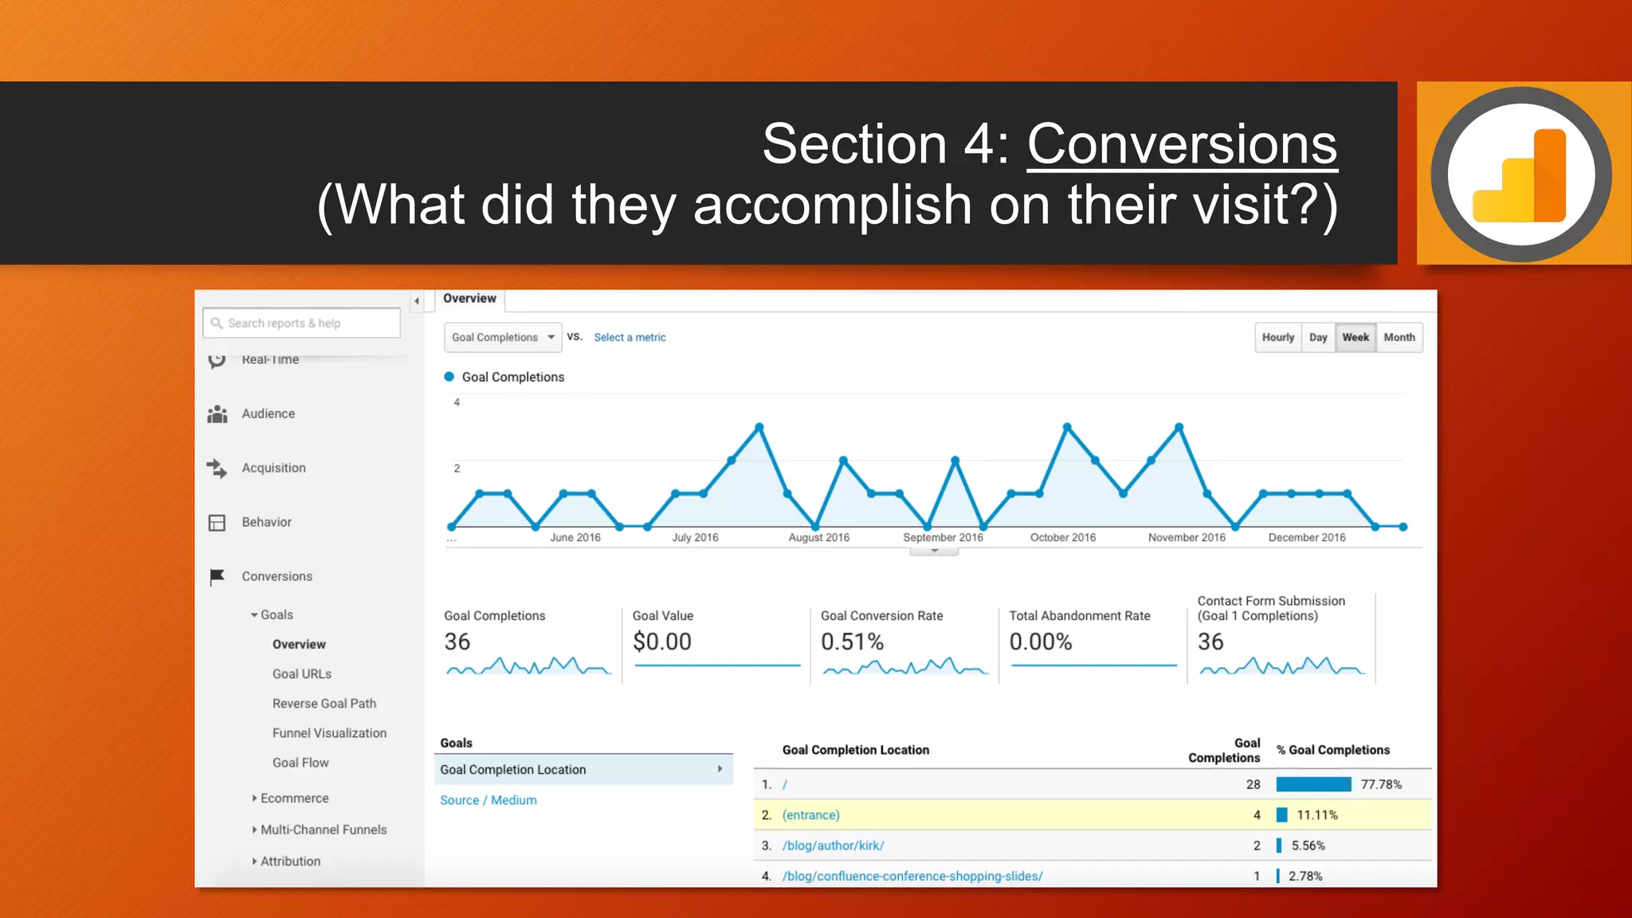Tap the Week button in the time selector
click(1355, 337)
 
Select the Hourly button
click(1277, 337)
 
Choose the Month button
click(1399, 337)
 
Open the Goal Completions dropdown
click(503, 337)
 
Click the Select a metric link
click(630, 337)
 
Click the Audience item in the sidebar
click(268, 414)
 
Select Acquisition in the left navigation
click(273, 468)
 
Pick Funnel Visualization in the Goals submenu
click(329, 733)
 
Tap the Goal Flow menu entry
click(300, 763)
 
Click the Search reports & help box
click(301, 323)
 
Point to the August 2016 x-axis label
click(818, 537)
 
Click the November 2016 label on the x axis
click(1187, 537)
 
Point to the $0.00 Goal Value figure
click(661, 641)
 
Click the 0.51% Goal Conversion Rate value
click(852, 641)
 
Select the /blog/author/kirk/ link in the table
click(833, 845)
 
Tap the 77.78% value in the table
click(1380, 784)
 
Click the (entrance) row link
click(810, 815)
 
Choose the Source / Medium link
click(488, 800)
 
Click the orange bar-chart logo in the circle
click(1520, 175)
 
